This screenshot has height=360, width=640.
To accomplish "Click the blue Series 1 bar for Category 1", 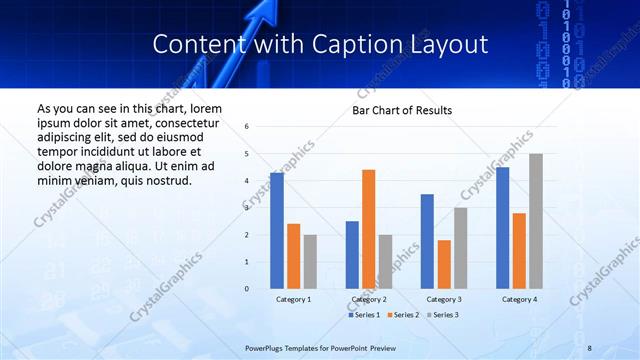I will coord(277,231).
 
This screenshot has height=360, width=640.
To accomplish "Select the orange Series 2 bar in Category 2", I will coord(368,229).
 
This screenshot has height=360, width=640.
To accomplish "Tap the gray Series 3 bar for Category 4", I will coord(536,221).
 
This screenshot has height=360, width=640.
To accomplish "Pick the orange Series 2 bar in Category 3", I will coord(444,264).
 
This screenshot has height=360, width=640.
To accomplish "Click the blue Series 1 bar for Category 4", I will coord(502,228).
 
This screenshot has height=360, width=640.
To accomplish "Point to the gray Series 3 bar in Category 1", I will coord(310,262).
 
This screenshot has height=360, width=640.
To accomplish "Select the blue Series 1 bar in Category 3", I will coord(427,241).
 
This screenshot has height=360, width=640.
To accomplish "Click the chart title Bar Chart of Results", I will coord(402,110).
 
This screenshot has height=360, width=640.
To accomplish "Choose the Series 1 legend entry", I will coord(364,315).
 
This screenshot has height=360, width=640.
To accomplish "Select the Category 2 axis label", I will coord(369,299).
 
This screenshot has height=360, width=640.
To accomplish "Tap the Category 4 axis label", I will coord(519,299).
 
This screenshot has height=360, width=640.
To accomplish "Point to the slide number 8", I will coord(590,347).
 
